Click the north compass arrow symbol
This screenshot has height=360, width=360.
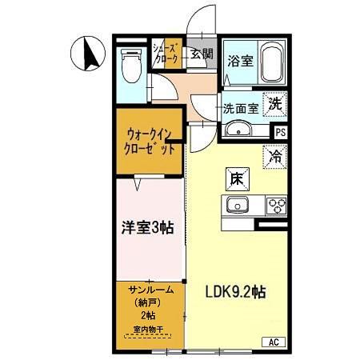tap(87, 54)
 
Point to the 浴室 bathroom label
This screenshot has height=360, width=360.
tap(239, 60)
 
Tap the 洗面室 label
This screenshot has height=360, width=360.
tap(242, 106)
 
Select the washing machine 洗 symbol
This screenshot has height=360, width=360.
tap(275, 103)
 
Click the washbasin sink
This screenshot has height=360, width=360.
tap(238, 131)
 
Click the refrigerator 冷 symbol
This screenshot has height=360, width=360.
tap(276, 158)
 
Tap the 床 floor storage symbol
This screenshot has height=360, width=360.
tap(238, 178)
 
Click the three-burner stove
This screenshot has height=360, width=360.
tap(276, 206)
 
